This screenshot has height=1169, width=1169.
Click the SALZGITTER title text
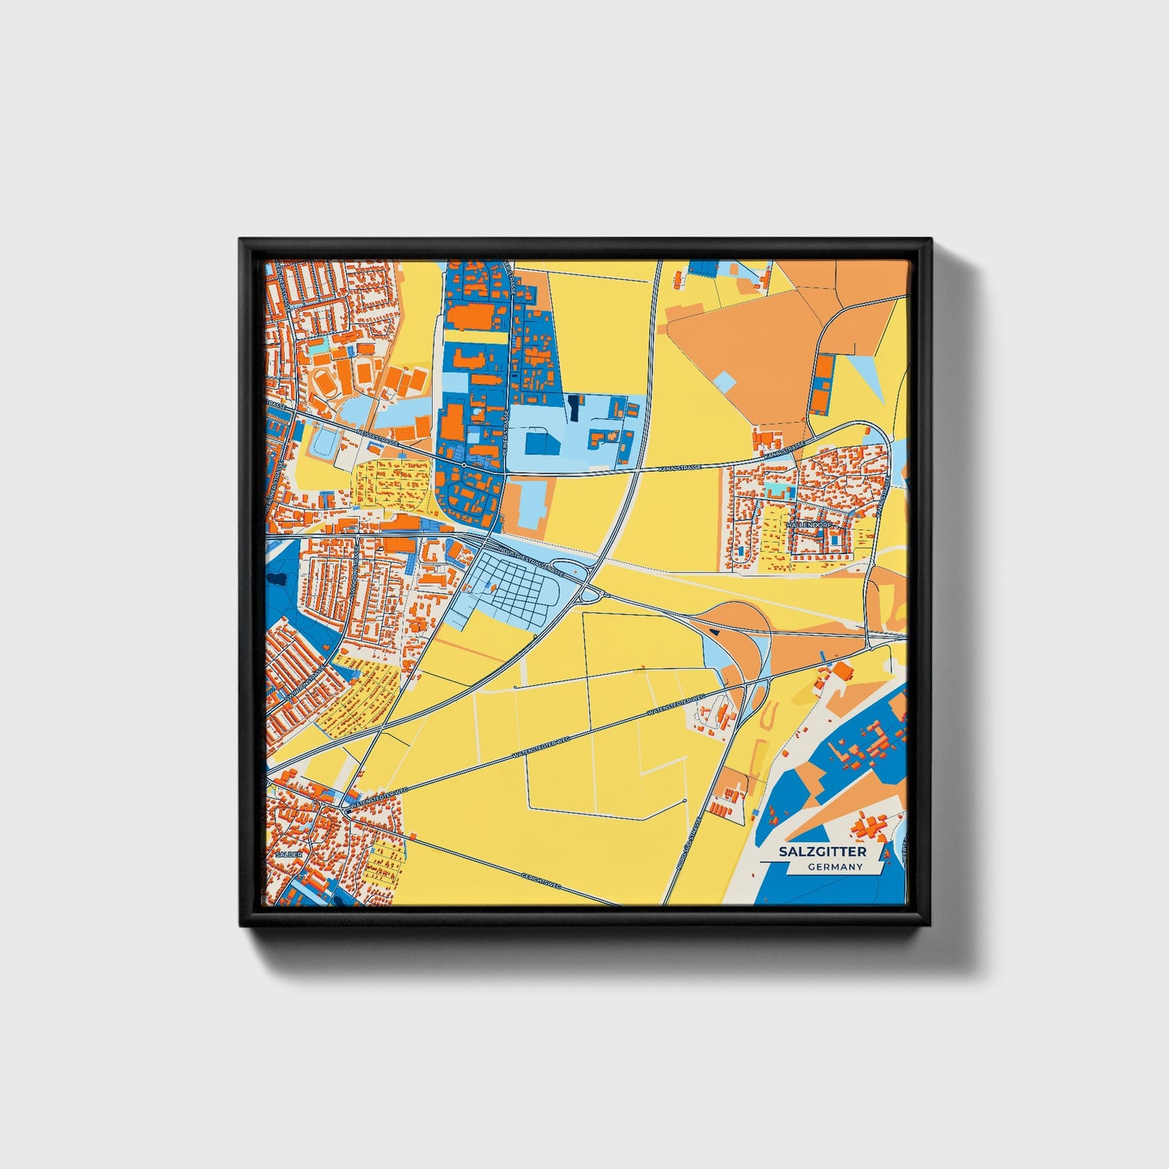coord(822,852)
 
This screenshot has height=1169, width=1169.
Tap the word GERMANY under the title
coord(835,867)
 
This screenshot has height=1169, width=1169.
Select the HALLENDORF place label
coord(808,525)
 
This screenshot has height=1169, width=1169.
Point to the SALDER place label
coord(288,854)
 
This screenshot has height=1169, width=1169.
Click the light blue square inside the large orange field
coord(725,381)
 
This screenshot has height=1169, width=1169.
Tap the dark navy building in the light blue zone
coord(574,408)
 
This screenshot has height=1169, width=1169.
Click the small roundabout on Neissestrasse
coord(466,466)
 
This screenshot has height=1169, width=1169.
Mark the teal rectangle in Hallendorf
coord(777,490)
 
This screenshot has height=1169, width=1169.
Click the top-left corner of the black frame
coord(241,240)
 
